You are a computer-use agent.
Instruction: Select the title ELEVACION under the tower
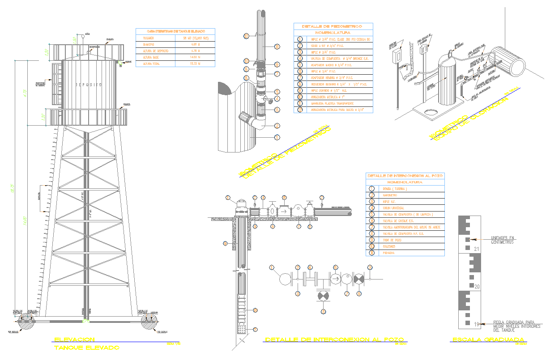click(74, 339)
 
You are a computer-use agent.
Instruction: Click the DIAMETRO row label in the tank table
click(149, 45)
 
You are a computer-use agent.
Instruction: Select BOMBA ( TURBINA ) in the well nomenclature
click(394, 189)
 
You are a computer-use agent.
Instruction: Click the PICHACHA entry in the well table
click(388, 253)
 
